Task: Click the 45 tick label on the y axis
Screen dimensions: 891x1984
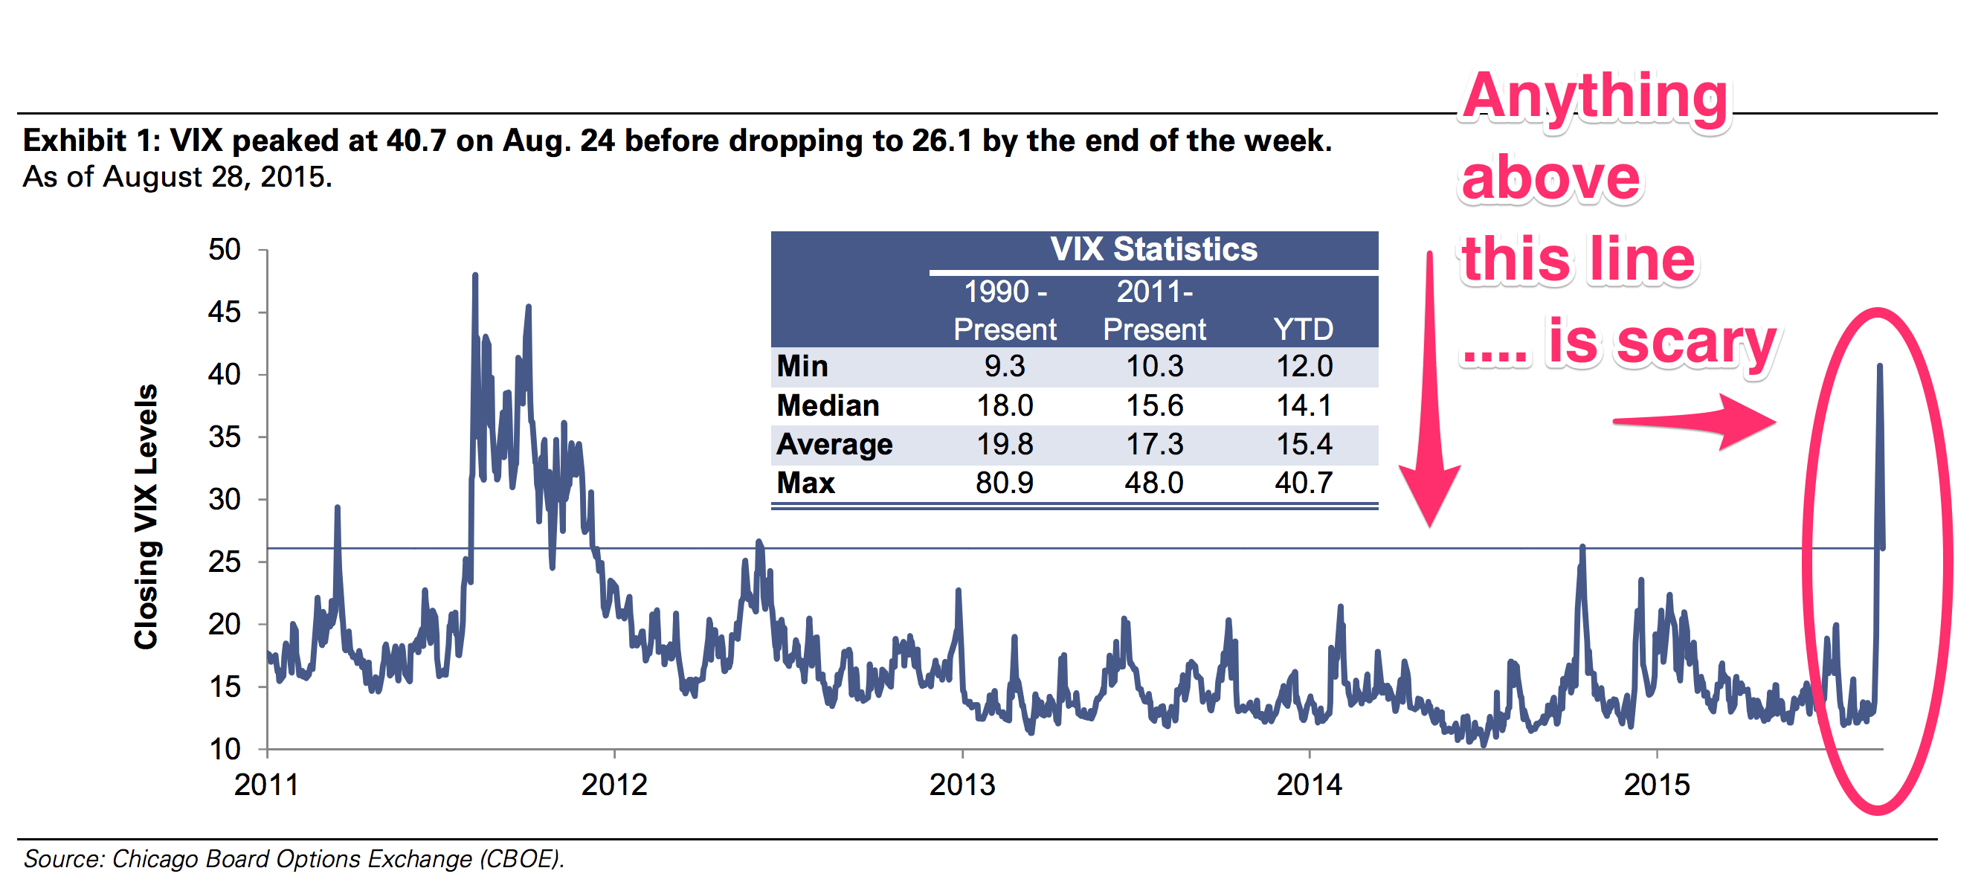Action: (224, 312)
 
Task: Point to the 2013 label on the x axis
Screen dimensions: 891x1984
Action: (962, 785)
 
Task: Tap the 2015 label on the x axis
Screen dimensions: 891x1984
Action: (1657, 785)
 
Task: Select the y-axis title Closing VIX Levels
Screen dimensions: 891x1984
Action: (146, 516)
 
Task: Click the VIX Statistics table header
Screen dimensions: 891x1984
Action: (1153, 249)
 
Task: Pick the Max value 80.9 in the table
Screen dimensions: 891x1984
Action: (1005, 483)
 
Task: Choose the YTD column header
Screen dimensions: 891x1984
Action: (1303, 329)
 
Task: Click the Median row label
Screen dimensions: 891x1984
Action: (828, 406)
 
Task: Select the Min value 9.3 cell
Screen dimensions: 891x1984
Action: (1005, 367)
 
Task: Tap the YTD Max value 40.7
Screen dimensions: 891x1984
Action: (1303, 483)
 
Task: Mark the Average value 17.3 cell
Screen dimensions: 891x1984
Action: (1154, 444)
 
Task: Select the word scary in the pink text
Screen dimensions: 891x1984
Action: (1695, 343)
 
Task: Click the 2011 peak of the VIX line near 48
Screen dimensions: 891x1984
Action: (475, 276)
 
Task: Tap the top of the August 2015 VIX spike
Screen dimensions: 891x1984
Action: (1879, 367)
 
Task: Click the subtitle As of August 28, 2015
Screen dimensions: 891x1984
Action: (178, 177)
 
